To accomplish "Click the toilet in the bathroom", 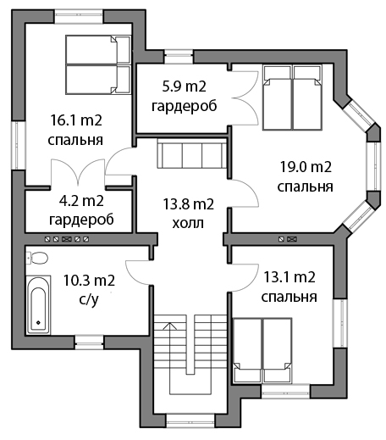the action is [37, 258].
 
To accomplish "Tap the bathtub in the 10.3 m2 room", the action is [39, 305].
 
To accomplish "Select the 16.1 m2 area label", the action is [76, 120].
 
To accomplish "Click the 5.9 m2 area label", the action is [185, 86].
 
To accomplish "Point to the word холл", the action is [188, 223].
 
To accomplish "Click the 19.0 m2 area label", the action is [306, 167].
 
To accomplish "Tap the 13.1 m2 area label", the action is [289, 277].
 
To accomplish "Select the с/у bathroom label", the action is [89, 300].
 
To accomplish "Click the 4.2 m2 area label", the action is [81, 201].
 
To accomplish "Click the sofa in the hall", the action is [192, 153].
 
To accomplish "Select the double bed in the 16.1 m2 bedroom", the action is [98, 64].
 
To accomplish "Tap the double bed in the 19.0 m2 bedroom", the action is [292, 97].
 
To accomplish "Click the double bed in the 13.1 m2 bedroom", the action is [262, 350].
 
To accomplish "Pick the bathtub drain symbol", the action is [38, 322].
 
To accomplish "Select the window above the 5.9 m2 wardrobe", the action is [179, 56].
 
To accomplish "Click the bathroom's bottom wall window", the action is [89, 342].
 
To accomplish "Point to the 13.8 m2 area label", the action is [189, 204].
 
